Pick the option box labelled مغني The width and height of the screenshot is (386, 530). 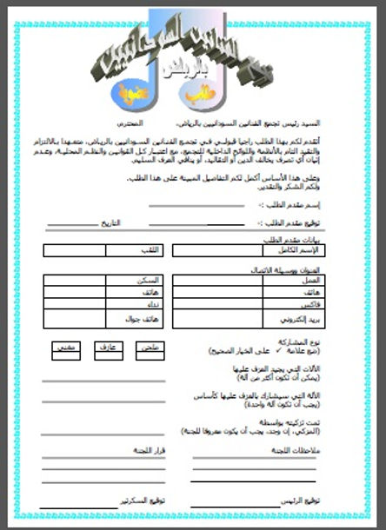64,348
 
